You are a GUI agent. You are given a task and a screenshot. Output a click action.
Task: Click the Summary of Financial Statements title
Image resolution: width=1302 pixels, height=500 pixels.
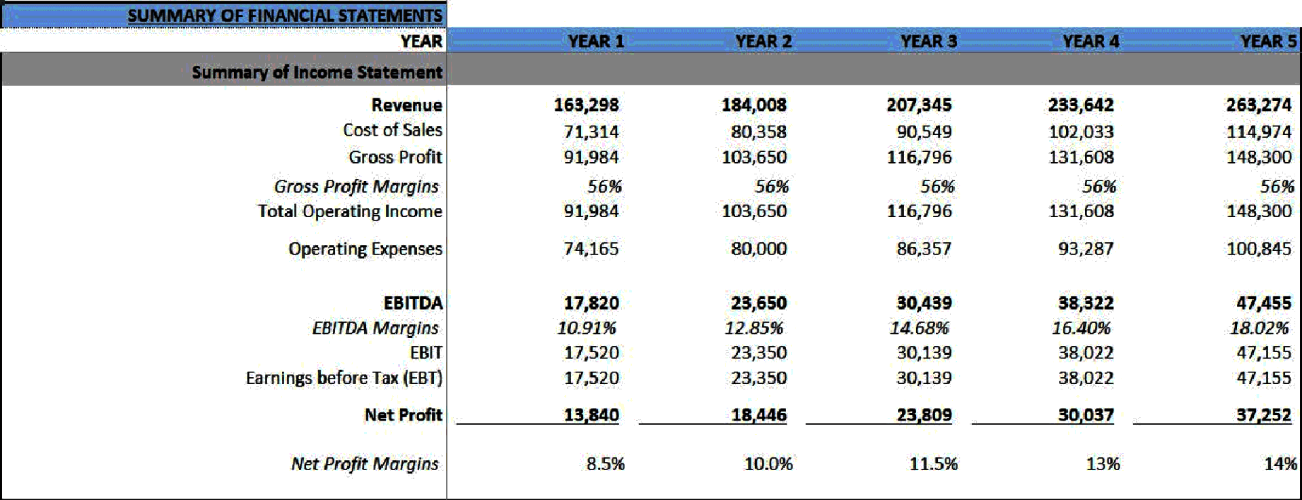(285, 15)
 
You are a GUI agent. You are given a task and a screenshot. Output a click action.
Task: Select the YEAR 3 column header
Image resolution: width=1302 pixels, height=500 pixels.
(928, 41)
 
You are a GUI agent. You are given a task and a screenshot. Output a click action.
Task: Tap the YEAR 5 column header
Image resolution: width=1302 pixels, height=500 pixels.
(1268, 41)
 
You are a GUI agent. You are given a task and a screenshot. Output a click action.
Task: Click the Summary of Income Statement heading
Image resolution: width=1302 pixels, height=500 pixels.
(317, 72)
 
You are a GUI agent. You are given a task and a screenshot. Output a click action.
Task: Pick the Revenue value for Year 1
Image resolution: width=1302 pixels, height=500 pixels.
(586, 105)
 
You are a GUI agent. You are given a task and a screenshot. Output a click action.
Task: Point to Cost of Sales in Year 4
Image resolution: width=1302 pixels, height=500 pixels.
(1081, 132)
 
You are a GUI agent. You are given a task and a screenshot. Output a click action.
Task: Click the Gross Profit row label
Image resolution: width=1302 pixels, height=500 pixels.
(395, 157)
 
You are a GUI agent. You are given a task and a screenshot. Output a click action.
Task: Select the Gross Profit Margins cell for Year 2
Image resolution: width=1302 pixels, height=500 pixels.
(771, 187)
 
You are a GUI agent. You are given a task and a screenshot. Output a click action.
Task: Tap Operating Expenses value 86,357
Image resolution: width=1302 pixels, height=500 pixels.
(924, 249)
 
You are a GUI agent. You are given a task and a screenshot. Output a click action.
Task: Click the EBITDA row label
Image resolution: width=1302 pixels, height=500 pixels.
(412, 303)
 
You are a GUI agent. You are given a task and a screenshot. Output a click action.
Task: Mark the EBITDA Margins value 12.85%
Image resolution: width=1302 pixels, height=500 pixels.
(753, 328)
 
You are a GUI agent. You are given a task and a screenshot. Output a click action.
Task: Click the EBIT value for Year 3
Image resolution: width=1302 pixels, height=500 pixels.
(924, 353)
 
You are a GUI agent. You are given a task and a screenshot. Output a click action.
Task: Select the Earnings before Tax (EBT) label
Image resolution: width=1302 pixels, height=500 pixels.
(344, 378)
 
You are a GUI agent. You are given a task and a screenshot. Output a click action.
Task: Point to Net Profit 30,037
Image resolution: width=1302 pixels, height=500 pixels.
(1086, 415)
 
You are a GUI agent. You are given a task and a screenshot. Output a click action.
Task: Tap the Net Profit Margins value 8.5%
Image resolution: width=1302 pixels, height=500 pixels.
(605, 464)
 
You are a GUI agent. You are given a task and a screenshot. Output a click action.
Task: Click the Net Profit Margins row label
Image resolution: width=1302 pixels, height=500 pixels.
(365, 464)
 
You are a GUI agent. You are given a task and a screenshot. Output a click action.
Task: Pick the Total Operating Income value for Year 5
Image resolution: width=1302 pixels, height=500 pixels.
(1259, 212)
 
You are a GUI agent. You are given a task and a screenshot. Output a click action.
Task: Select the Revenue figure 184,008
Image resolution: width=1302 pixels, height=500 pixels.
(753, 105)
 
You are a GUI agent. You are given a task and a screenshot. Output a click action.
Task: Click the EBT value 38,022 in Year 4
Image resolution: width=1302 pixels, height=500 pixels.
(1086, 378)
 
